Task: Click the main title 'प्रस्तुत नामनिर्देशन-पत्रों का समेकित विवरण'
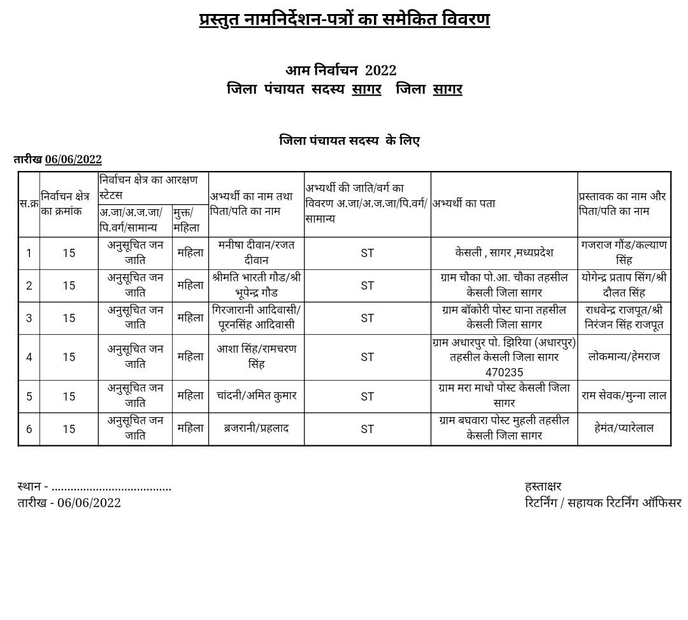[x=344, y=19]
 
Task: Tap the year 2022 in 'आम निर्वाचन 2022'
[x=380, y=70]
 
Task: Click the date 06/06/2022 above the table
[x=73, y=159]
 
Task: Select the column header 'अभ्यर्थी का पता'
[x=464, y=203]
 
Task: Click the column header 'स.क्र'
[x=29, y=204]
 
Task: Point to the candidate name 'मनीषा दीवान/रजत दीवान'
[x=256, y=253]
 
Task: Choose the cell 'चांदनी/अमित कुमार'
[x=256, y=396]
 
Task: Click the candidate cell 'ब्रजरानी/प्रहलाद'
[x=256, y=429]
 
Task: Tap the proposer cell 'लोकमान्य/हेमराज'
[x=624, y=357]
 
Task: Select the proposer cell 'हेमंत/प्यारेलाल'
[x=624, y=429]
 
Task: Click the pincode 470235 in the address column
[x=504, y=373]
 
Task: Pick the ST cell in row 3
[x=367, y=318]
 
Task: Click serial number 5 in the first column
[x=29, y=397]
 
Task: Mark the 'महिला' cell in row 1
[x=190, y=253]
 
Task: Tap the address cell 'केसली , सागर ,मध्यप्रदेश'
[x=504, y=253]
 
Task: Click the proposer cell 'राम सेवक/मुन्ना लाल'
[x=624, y=396]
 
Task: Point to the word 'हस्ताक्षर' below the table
[x=543, y=487]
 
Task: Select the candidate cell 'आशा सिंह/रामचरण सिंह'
[x=256, y=357]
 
